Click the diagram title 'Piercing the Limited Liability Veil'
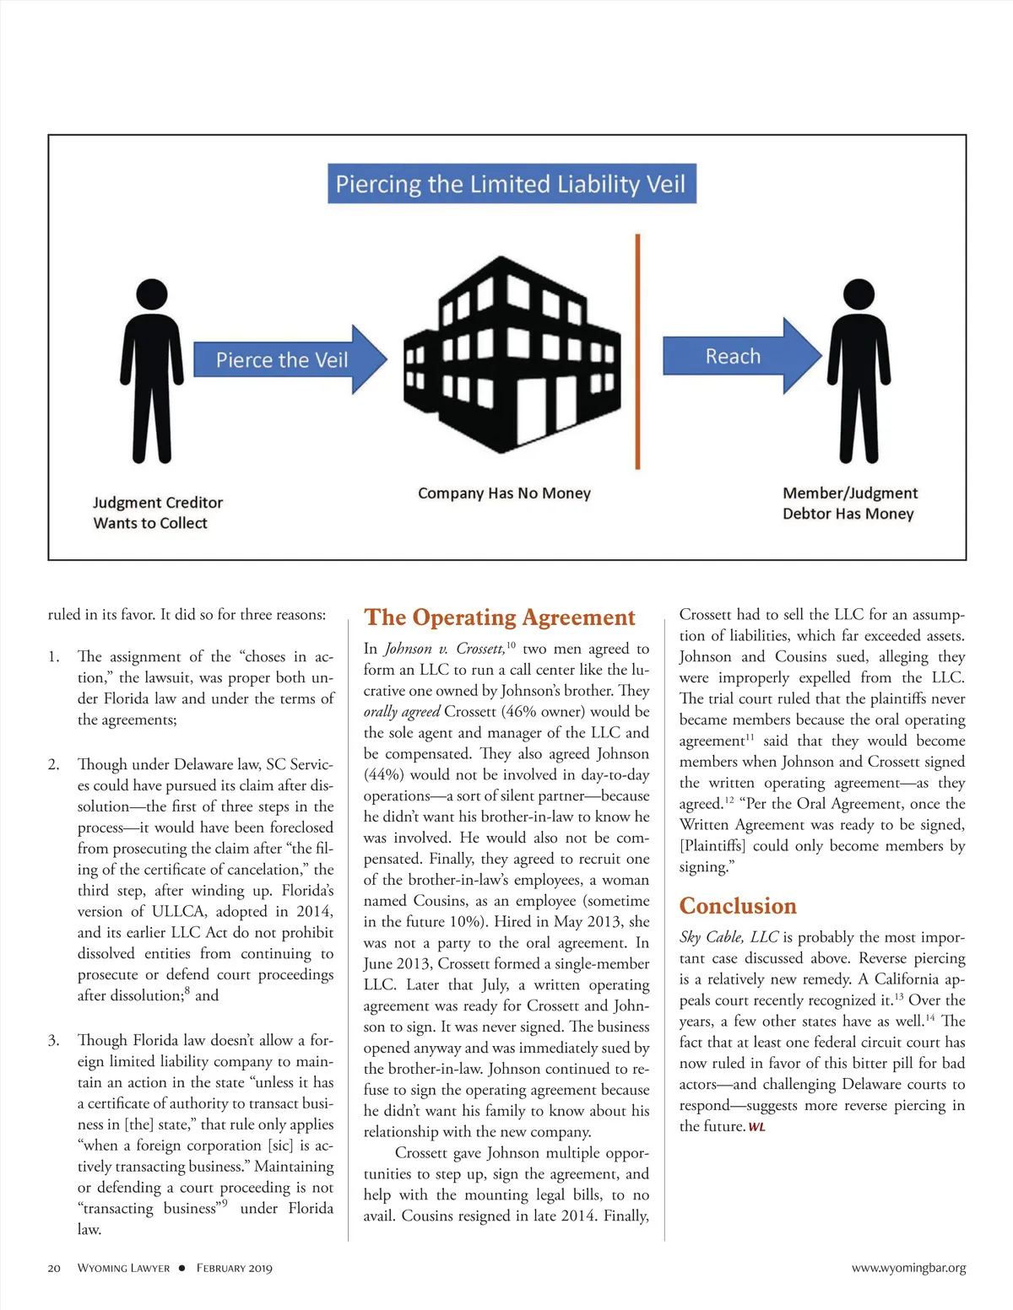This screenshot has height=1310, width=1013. coord(511,184)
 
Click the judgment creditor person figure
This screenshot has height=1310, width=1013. coord(152,371)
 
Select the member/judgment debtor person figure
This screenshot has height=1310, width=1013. coord(859,371)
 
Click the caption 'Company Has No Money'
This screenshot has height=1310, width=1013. coord(504,493)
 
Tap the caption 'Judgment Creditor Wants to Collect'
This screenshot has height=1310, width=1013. coord(157,513)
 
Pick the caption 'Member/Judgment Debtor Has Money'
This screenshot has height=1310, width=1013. coord(849,504)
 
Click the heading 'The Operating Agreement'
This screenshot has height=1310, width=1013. coord(499,617)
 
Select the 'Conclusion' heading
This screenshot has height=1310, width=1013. coord(738,906)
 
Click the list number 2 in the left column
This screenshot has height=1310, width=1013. coord(54,764)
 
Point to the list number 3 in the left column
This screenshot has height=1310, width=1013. coord(54,1040)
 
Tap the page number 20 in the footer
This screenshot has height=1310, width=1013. coord(54,1268)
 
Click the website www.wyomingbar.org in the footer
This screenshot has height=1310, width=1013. coord(908,1268)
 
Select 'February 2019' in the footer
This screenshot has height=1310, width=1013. coord(235,1268)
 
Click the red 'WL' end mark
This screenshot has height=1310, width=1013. coord(756,1128)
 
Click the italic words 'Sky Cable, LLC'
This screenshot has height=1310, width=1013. coord(729,937)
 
